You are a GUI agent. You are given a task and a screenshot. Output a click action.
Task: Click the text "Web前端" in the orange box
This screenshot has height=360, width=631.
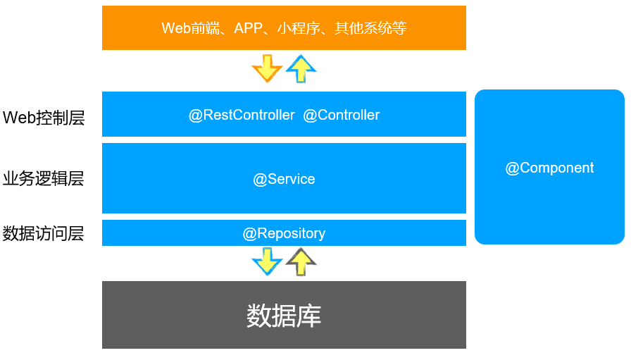pyautogui.click(x=185, y=28)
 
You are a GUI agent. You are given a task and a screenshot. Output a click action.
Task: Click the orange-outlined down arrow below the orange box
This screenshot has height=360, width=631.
pyautogui.click(x=267, y=69)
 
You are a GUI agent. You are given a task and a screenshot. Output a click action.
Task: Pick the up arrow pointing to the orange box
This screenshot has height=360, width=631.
pyautogui.click(x=301, y=69)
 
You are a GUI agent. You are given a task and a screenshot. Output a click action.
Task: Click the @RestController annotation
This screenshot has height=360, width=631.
pyautogui.click(x=242, y=115)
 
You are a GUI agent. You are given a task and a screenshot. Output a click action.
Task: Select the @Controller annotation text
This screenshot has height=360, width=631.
pyautogui.click(x=342, y=115)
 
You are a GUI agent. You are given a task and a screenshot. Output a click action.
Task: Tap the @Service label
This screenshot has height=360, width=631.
pyautogui.click(x=284, y=179)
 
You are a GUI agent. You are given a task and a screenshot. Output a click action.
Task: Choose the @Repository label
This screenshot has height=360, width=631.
pyautogui.click(x=284, y=233)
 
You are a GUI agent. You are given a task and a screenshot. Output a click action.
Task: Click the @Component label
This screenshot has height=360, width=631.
pyautogui.click(x=549, y=168)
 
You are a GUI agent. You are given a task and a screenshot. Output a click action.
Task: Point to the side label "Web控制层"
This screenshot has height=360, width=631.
pyautogui.click(x=44, y=118)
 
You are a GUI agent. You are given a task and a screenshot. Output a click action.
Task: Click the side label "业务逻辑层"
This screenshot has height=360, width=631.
pyautogui.click(x=44, y=179)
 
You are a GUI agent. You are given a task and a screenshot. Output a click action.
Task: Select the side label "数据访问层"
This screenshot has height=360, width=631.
pyautogui.click(x=44, y=234)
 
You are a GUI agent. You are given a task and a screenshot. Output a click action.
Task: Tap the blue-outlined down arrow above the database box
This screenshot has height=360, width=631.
pyautogui.click(x=267, y=261)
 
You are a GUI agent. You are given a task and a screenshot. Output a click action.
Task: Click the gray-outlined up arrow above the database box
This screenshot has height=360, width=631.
pyautogui.click(x=301, y=261)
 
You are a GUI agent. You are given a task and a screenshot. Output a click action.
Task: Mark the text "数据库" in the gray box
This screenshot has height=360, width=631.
pyautogui.click(x=284, y=315)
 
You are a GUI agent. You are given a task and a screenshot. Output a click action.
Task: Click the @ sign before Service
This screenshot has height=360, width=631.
pyautogui.click(x=259, y=179)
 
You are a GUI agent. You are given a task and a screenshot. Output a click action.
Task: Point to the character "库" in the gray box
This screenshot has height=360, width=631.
pyautogui.click(x=309, y=315)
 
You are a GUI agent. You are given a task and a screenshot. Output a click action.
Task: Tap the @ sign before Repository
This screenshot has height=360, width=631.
pyautogui.click(x=249, y=233)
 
